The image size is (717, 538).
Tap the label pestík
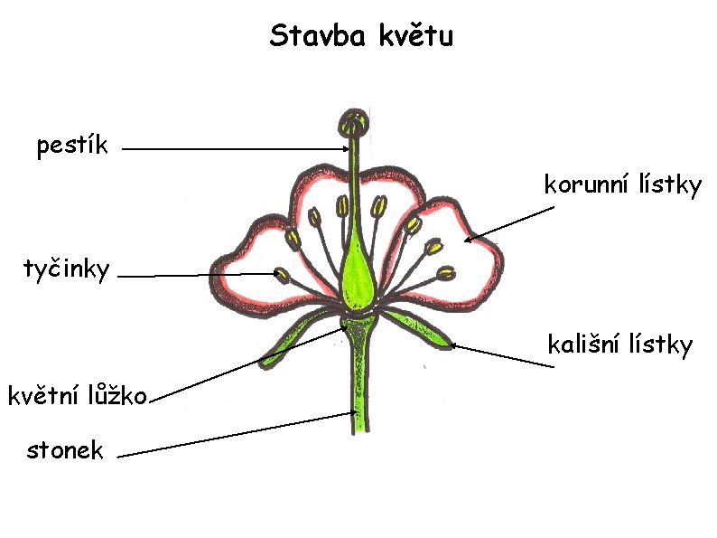(72, 146)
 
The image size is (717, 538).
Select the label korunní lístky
(622, 186)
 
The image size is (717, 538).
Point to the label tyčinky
(67, 269)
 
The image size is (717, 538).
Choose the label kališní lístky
(619, 345)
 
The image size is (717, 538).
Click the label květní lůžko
(76, 396)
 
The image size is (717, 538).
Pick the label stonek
(65, 449)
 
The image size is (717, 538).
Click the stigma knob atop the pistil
(353, 122)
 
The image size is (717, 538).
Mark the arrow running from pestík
(235, 149)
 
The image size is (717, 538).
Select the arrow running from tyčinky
(190, 276)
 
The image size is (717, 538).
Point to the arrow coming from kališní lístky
(501, 355)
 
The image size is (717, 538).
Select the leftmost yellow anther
(293, 239)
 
